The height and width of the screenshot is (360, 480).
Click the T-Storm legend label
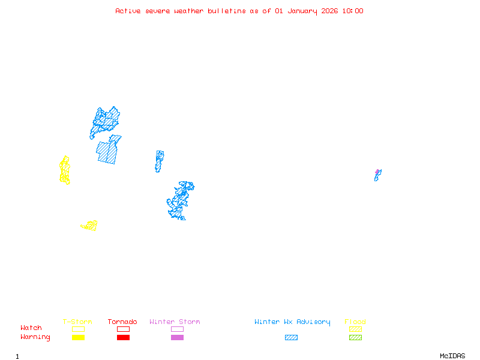tap(77, 322)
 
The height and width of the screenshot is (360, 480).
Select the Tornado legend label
tap(122, 322)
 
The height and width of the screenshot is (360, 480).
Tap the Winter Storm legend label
tap(175, 322)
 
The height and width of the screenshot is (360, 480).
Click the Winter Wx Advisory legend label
tap(292, 322)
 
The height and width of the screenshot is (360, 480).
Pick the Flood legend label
tap(355, 322)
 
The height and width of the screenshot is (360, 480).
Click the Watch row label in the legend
tap(31, 328)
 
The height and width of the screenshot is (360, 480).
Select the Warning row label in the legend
tap(35, 337)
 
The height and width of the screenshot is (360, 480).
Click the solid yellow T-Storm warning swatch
tap(78, 337)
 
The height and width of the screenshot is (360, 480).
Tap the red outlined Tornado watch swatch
tap(123, 329)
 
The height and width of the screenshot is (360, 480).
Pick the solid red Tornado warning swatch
tap(123, 337)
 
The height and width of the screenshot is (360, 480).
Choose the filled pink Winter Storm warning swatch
tap(177, 337)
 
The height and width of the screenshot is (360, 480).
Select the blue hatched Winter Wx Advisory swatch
tap(291, 337)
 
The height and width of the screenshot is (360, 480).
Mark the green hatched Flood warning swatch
tap(355, 337)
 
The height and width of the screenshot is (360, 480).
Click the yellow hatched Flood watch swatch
tap(355, 329)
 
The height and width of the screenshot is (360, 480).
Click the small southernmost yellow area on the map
tap(90, 226)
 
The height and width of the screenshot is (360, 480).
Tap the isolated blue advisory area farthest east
tap(377, 175)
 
